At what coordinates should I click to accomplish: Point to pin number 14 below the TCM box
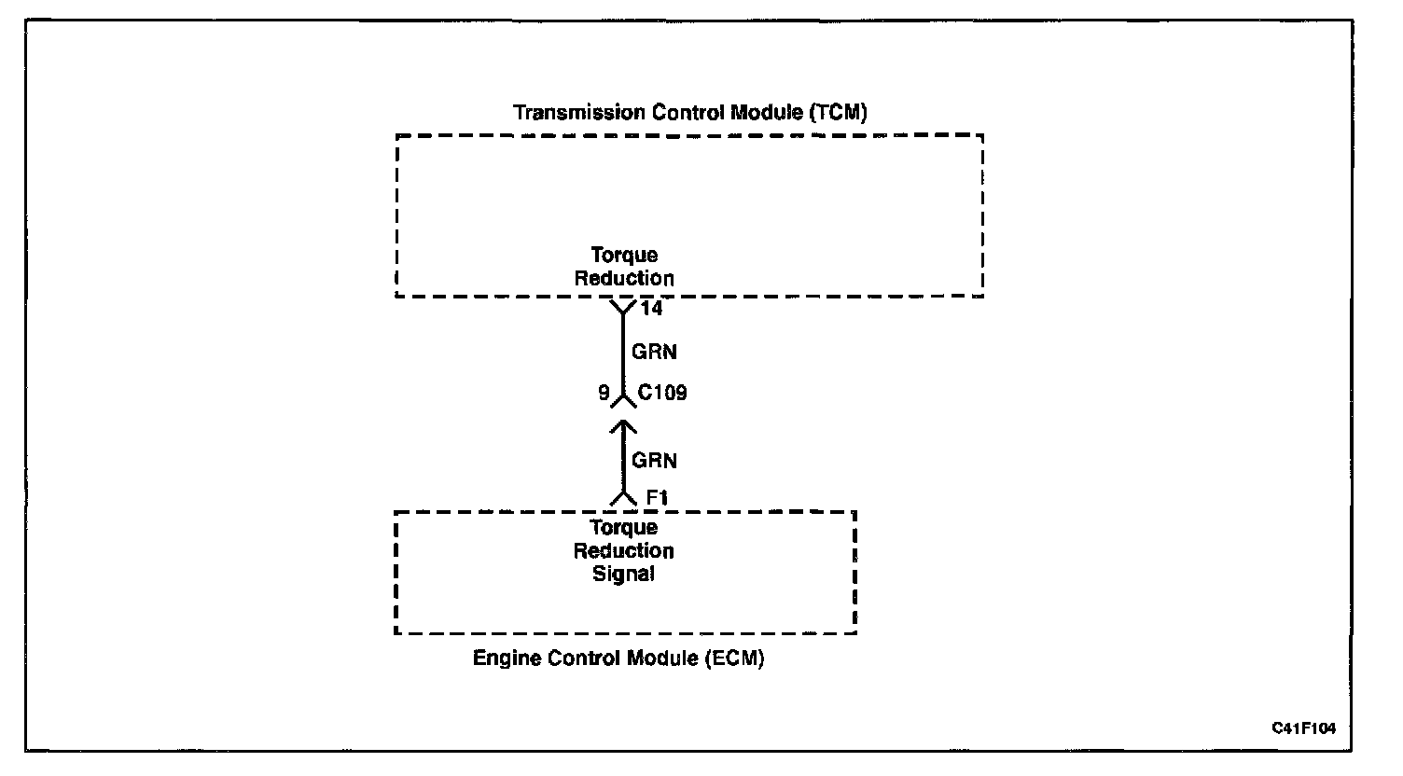(652, 308)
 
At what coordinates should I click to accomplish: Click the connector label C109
(662, 393)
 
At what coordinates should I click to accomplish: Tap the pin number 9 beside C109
(604, 393)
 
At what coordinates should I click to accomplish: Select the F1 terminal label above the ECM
(657, 499)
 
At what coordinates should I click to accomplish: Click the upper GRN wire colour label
(654, 353)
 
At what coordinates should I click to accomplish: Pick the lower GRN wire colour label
(654, 460)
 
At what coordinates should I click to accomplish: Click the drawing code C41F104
(1303, 727)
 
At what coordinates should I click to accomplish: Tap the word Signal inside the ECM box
(624, 574)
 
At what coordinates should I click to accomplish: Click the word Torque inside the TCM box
(624, 255)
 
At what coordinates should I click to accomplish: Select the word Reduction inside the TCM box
(624, 278)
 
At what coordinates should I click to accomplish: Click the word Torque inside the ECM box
(624, 528)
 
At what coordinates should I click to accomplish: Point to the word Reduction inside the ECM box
(624, 550)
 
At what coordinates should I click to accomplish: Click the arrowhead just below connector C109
(623, 426)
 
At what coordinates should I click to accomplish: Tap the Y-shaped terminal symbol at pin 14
(623, 308)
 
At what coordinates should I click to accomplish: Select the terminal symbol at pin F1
(623, 499)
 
